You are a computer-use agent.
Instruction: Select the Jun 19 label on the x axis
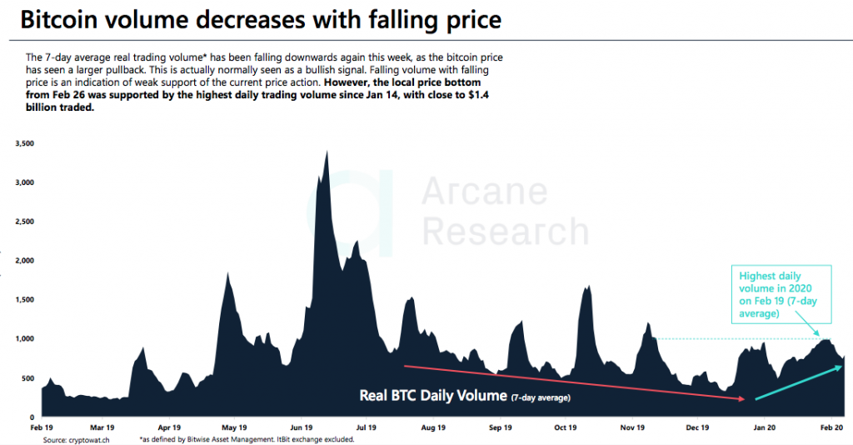pos(302,427)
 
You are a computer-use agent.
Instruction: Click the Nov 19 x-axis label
pos(632,427)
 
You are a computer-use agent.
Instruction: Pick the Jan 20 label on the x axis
pos(765,427)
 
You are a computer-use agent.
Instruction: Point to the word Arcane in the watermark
pos(485,192)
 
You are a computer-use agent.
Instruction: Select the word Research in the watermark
pos(505,231)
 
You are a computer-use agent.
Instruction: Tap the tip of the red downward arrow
pos(743,400)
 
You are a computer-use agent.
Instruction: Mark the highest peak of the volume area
pos(326,152)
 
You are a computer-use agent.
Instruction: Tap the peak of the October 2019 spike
pos(588,286)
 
